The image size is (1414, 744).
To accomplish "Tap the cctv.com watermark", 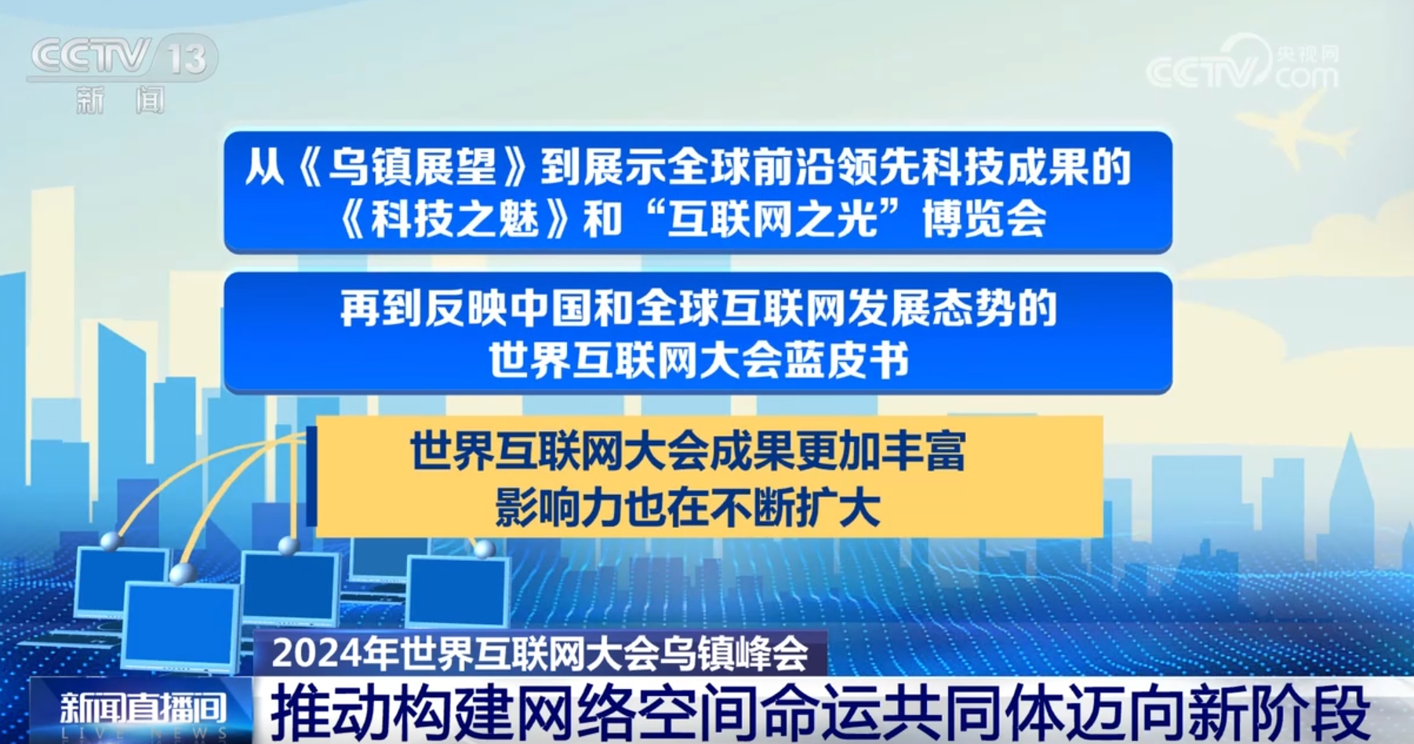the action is point(1243,63).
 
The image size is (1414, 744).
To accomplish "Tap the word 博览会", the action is point(984,218).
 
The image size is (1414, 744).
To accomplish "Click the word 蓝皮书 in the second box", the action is point(846,361).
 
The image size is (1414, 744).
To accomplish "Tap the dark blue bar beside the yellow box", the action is point(311,476).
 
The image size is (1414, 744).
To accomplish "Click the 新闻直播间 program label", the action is point(143,708).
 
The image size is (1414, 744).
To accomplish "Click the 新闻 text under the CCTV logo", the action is point(121,100).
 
